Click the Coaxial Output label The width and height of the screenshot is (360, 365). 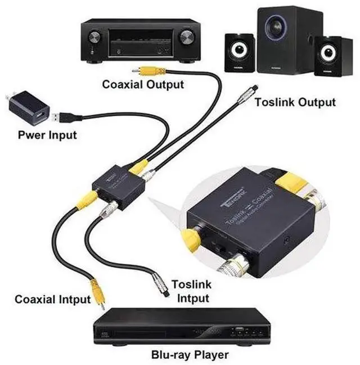pos(143,85)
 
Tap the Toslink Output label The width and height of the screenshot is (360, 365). pos(295,102)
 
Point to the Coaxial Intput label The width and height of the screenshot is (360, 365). pos(52,299)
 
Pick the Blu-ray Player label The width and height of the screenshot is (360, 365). pos(190,355)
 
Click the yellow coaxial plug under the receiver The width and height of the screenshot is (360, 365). pos(151,71)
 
